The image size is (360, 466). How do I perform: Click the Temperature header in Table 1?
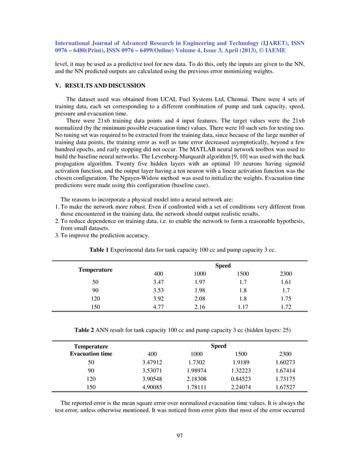coord(95,270)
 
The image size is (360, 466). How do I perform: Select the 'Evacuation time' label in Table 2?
coord(91,354)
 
